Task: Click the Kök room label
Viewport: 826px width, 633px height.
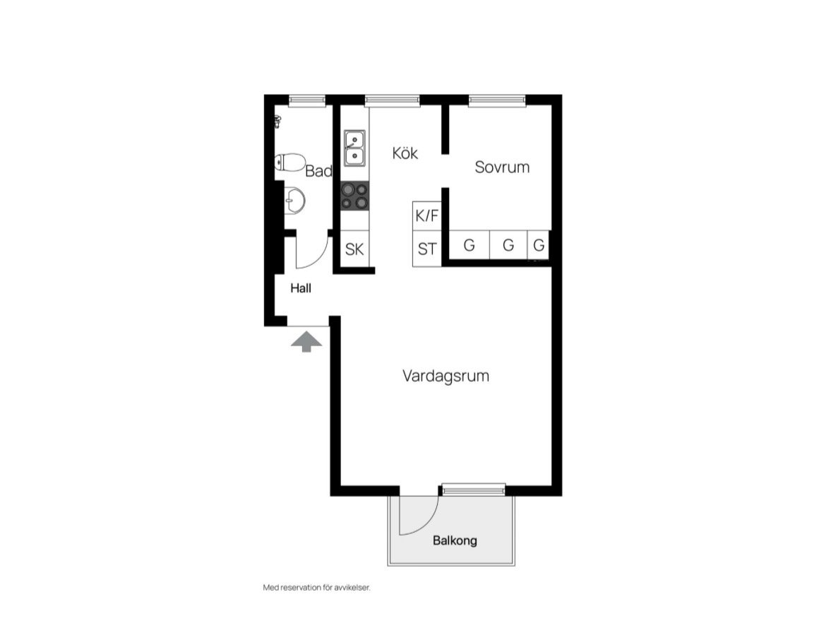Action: point(405,153)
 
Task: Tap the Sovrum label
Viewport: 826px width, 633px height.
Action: point(502,167)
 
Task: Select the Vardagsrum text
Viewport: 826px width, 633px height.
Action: point(445,376)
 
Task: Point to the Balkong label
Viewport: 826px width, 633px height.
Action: point(455,540)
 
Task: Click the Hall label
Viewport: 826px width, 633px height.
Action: point(301,288)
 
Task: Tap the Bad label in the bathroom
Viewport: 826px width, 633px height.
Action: point(318,171)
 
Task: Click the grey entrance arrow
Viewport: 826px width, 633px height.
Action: point(306,341)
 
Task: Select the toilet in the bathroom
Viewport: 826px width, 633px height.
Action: point(289,162)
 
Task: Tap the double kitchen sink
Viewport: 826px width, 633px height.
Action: point(354,148)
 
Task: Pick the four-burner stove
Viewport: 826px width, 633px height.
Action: point(354,196)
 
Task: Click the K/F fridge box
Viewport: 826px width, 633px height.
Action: point(426,216)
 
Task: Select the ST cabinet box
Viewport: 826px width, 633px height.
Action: point(426,249)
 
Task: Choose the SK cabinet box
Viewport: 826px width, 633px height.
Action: point(354,249)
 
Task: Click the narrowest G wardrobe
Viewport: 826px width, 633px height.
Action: point(539,245)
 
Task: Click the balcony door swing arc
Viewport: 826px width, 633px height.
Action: point(429,523)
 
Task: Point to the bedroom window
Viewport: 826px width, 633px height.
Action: point(497,100)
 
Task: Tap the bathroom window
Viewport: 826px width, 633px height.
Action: point(306,100)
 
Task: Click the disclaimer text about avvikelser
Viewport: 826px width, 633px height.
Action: point(316,588)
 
